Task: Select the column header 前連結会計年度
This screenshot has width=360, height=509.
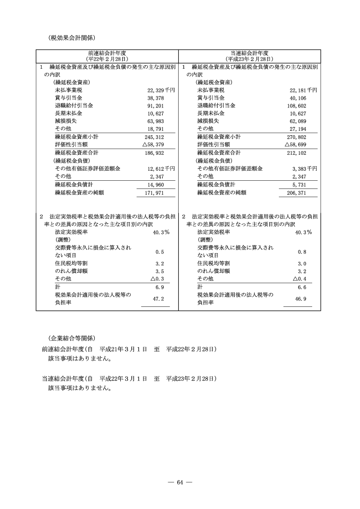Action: pos(107,53)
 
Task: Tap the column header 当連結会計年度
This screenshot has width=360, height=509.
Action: pos(249,53)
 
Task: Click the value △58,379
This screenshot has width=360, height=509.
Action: pos(154,144)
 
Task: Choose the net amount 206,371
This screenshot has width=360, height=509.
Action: pos(296,193)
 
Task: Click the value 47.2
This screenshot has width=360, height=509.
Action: pos(159,298)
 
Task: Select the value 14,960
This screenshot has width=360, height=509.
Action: pos(155,185)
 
